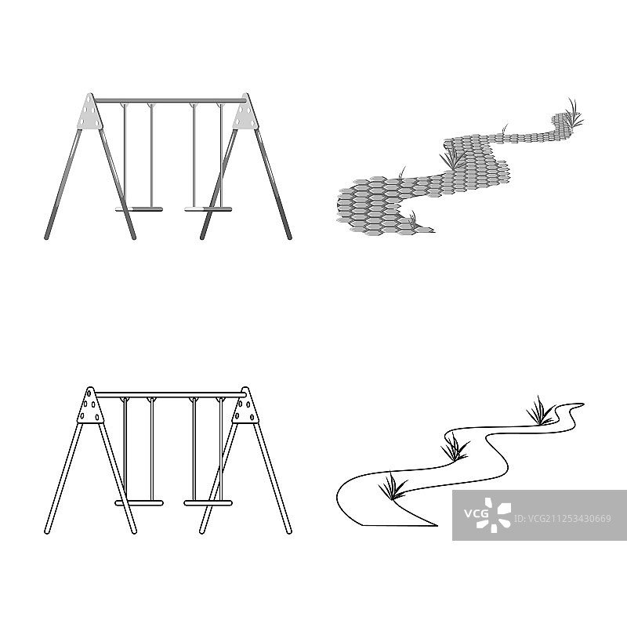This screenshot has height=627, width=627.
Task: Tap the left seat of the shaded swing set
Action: tap(139, 208)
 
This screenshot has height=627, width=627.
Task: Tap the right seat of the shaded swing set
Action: tap(208, 208)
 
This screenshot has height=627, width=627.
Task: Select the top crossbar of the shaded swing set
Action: tap(170, 100)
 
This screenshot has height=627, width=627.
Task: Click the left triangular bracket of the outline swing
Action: tap(90, 405)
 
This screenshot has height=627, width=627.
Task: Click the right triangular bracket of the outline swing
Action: tap(245, 405)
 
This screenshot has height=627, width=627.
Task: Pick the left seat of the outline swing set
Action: tap(139, 502)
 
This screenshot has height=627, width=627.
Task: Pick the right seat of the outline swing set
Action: tap(208, 502)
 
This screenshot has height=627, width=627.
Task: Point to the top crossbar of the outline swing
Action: tap(170, 395)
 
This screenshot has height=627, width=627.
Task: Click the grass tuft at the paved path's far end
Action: tap(574, 113)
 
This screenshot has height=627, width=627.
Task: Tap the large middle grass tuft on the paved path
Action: tap(452, 158)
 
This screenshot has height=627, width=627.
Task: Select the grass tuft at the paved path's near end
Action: tap(412, 219)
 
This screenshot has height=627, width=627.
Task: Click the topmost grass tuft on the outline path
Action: tap(541, 412)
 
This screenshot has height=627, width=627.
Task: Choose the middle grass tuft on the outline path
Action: tap(455, 448)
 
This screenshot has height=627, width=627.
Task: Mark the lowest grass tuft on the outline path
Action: tap(393, 486)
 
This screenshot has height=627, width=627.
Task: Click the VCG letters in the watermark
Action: tap(476, 513)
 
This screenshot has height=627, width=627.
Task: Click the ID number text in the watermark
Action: tap(562, 519)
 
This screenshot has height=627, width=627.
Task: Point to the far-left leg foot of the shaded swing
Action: tap(46, 237)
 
